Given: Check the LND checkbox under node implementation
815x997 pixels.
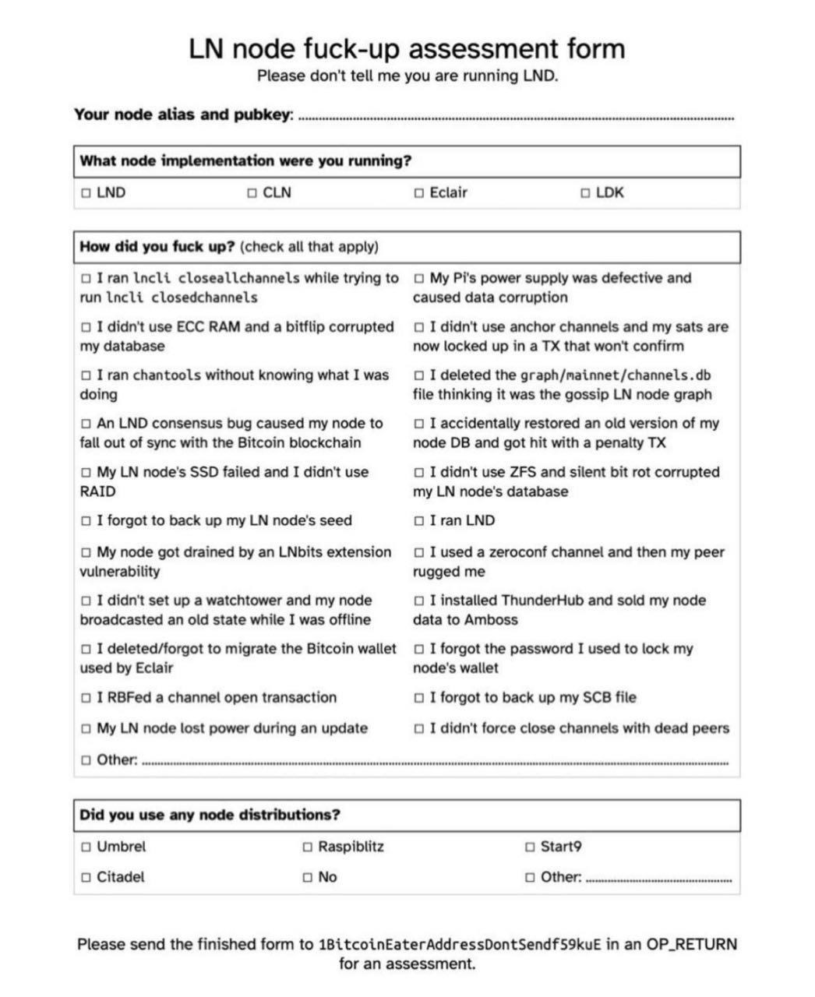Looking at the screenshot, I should (x=86, y=193).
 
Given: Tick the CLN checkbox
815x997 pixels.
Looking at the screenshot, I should (x=252, y=193).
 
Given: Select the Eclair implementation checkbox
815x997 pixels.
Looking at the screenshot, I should (x=419, y=193).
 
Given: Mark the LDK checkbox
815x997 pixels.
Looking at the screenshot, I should (x=585, y=193).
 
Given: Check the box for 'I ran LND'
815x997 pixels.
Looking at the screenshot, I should (x=419, y=521).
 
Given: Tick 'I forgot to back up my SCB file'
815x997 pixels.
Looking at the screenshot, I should (x=419, y=698).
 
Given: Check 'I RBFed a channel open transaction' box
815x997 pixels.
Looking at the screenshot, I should (x=86, y=698).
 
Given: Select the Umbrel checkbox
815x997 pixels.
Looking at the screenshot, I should (x=86, y=847).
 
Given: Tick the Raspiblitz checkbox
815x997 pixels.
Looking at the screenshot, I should (x=307, y=847).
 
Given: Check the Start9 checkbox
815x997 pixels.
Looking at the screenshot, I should (x=530, y=847).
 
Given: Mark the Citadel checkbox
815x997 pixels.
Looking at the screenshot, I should (x=86, y=877).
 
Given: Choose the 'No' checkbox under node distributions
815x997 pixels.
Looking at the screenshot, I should (x=307, y=877).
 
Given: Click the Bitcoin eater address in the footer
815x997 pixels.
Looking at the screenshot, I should (x=460, y=945).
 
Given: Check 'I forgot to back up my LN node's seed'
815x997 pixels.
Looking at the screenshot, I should (x=86, y=521).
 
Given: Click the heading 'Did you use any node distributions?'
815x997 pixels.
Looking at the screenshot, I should (x=210, y=816).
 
